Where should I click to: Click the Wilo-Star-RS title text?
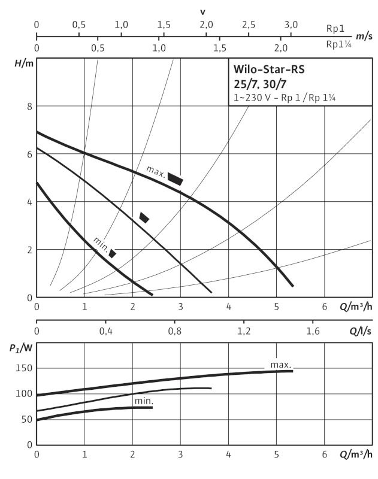269,69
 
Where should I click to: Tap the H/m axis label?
24,63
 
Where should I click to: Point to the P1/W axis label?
21,348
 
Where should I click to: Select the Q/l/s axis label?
361,331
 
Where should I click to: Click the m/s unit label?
364,37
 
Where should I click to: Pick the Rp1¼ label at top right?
338,44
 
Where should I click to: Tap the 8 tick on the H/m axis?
29,107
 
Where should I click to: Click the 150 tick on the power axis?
24,368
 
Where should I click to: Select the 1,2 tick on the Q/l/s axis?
244,331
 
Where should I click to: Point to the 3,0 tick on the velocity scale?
291,25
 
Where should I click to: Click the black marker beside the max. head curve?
175,179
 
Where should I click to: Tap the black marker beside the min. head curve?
113,253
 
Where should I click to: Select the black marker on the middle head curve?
144,217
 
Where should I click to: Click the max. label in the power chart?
281,365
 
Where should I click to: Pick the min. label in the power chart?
144,401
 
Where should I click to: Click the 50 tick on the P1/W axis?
27,419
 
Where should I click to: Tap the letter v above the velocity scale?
202,12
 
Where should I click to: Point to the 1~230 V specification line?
285,98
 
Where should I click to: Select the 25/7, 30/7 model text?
260,84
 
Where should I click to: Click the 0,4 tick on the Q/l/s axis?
105,331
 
